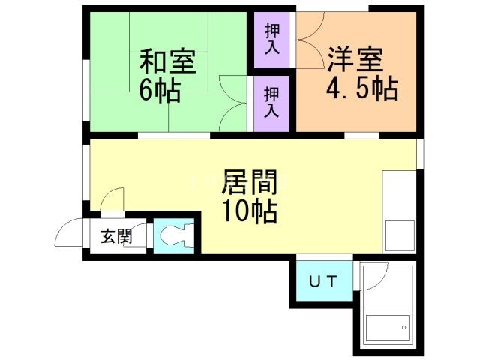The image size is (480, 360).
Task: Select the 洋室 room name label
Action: coord(355,58)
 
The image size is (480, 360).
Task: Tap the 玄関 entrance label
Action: coord(116,237)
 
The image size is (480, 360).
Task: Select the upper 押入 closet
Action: coord(271,38)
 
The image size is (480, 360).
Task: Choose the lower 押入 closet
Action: coord(271,103)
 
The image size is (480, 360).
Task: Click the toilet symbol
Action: coord(174,236)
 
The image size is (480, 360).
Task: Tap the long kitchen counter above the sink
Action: coord(399,194)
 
